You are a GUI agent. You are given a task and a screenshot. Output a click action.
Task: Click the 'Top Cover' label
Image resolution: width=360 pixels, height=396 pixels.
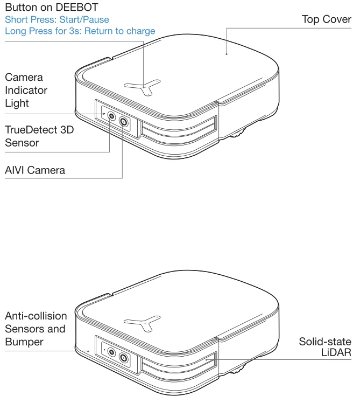(326, 19)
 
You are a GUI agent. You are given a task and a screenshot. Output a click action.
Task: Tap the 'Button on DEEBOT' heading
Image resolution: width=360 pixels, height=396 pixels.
(52, 8)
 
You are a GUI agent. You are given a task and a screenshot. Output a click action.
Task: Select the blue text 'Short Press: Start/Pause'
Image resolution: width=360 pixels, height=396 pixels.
(57, 19)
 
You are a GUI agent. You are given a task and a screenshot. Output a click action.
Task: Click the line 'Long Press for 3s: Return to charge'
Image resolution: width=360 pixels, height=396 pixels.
(80, 31)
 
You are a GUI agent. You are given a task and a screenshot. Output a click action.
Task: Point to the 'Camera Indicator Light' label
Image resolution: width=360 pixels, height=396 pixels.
(26, 90)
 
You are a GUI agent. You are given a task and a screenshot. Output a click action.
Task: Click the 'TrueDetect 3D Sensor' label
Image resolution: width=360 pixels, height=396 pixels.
(39, 136)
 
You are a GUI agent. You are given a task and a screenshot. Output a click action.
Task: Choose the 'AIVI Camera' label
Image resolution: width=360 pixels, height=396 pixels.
(35, 170)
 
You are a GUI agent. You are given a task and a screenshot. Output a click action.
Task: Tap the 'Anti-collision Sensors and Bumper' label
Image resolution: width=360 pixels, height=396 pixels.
(36, 329)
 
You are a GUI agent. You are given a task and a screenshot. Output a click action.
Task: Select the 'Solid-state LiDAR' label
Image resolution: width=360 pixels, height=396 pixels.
(325, 347)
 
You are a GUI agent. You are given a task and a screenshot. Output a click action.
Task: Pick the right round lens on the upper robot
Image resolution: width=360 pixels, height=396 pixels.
(125, 122)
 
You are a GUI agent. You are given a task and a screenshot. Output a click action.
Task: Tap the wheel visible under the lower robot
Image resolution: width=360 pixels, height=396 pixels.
(237, 369)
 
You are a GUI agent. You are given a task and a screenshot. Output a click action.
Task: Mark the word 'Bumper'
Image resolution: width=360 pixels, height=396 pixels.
(24, 342)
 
